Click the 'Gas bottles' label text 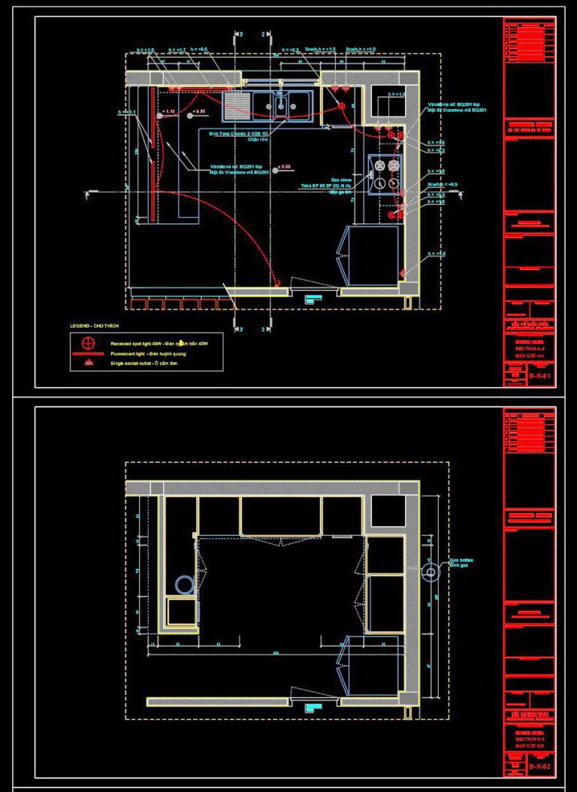(462, 561)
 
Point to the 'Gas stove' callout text (351, 179)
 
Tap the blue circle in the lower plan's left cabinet (183, 584)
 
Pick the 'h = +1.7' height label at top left (177, 50)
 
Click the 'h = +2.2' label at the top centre (291, 50)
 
